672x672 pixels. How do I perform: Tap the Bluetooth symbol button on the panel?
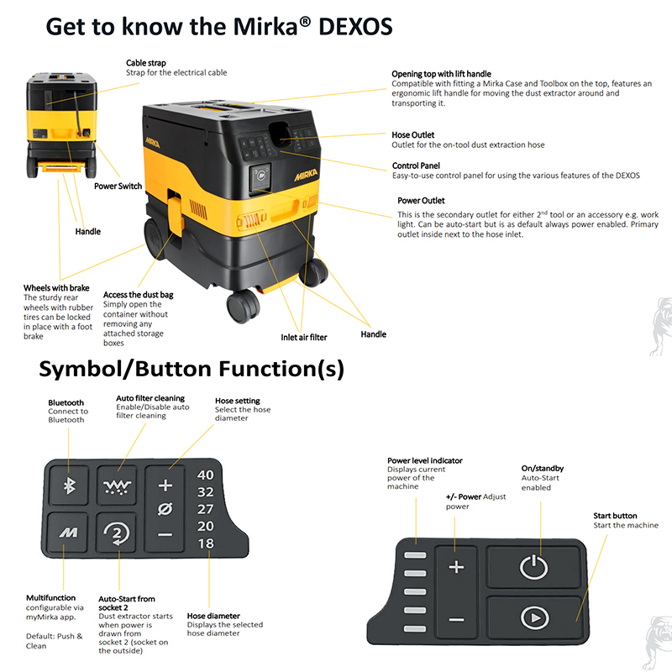coord(69,486)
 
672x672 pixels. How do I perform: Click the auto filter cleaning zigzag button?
coord(117,486)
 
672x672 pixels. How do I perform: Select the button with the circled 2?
coord(117,533)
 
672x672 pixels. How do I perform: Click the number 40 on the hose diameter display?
coord(205,475)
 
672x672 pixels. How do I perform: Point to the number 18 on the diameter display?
coord(205,543)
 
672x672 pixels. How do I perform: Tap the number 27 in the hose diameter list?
coord(205,509)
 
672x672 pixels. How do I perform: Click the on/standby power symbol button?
coord(534,566)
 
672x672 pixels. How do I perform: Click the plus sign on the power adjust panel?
coord(456,567)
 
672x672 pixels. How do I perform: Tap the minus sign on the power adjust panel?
coord(456,620)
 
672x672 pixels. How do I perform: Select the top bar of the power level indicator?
coord(415,555)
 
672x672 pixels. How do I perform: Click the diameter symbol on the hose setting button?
coord(165,509)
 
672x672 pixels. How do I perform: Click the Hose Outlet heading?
coord(412,135)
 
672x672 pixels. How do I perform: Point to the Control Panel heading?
coord(416,165)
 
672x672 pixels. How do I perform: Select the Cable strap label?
coord(145,63)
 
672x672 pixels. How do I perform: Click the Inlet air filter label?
coord(304,338)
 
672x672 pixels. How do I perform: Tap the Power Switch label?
coord(118,186)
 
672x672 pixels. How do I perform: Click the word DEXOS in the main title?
coord(355,27)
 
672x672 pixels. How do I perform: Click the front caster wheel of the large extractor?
coord(243,306)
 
